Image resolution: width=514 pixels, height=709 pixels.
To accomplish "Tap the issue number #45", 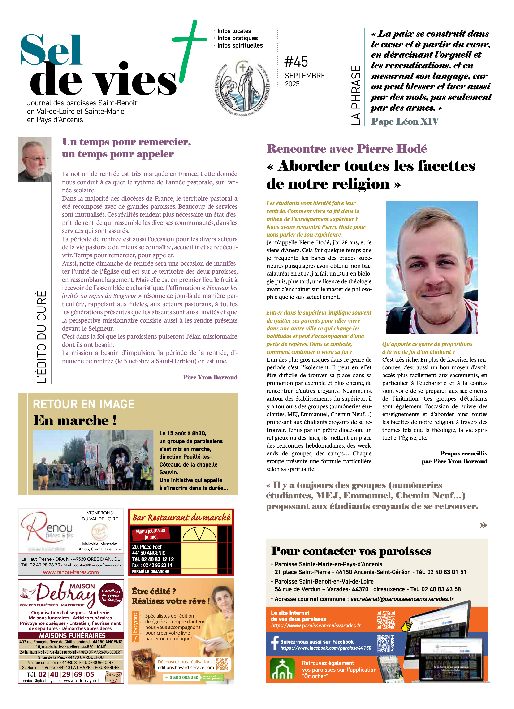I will (x=296, y=62).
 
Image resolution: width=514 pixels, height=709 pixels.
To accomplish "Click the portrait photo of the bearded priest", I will (x=35, y=160).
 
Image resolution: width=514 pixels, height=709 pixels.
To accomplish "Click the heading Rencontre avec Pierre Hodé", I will (x=346, y=149).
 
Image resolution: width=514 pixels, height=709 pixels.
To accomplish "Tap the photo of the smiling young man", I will (x=432, y=267).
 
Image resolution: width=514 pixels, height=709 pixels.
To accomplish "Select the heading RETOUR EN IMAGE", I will (x=83, y=404).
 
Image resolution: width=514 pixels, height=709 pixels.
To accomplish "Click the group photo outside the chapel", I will (x=93, y=460).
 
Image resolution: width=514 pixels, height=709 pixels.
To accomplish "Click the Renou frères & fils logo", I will (x=47, y=528).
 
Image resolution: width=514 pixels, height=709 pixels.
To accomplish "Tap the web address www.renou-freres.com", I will (x=71, y=572).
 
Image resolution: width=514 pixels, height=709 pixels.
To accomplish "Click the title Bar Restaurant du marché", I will (x=181, y=518).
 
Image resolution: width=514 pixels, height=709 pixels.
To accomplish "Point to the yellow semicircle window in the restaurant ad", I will (x=199, y=534).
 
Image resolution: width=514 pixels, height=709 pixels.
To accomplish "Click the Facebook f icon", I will (x=275, y=643).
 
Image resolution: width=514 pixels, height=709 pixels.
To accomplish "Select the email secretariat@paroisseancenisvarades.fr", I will (x=402, y=599).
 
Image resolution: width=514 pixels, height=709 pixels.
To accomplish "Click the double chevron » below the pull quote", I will (x=483, y=525).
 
